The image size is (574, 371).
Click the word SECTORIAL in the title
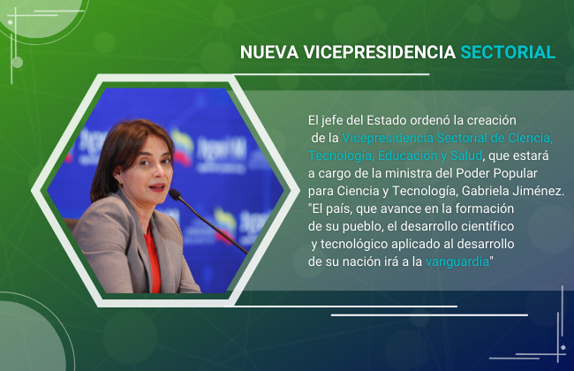coord(508,52)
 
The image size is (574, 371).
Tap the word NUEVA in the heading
coord(269,52)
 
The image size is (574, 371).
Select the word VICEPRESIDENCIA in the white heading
coord(379,52)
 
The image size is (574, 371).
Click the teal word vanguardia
coord(457,261)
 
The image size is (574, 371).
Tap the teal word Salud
coord(466,155)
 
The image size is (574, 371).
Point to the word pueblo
coord(362,227)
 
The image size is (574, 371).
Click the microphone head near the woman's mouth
coord(176,194)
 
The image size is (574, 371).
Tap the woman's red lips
coord(157,187)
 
